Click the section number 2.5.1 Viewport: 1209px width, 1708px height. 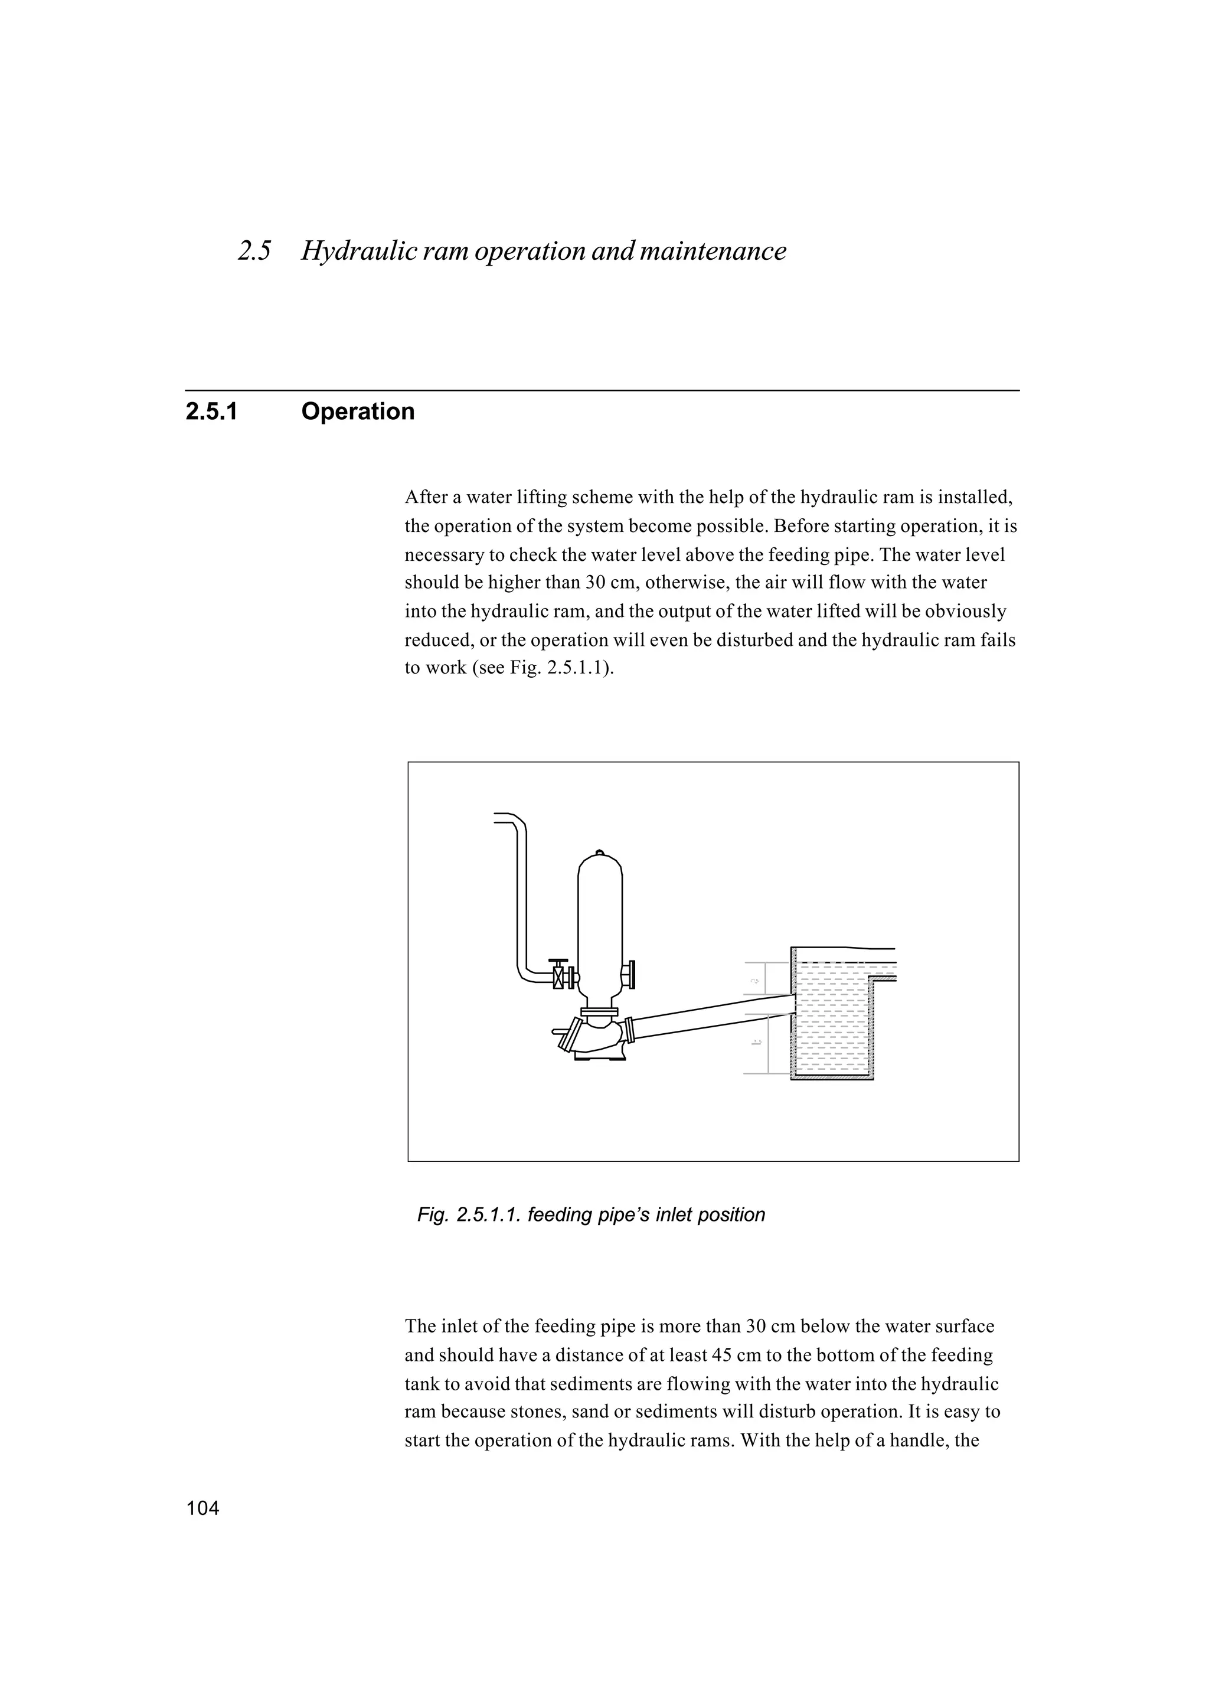[211, 412]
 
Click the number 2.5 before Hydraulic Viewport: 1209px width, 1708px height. [254, 252]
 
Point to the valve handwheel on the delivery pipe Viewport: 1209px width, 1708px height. [558, 961]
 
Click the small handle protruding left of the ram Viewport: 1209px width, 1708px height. [560, 1032]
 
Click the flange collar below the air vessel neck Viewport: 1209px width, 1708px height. [599, 1012]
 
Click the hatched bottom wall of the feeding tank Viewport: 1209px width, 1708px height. [832, 1077]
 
